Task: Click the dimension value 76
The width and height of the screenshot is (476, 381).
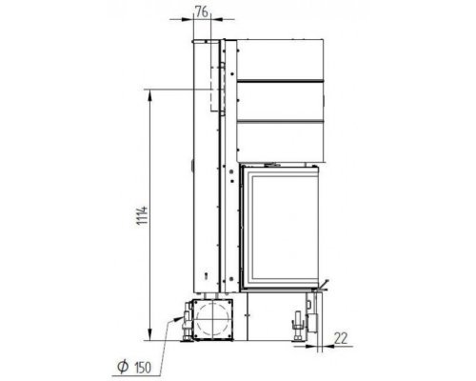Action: coord(202,11)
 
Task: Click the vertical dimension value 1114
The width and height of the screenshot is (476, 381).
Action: coord(142,215)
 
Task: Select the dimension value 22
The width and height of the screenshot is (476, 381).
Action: coord(341,338)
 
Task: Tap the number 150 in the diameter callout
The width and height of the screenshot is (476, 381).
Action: coord(143,368)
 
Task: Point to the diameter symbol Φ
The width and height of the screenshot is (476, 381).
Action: coord(123,367)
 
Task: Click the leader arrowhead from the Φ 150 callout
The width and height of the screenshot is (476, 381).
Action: coord(177,319)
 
